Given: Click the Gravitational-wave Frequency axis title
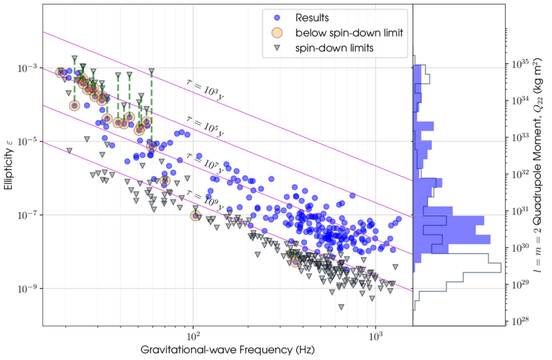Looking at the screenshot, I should pos(227,350).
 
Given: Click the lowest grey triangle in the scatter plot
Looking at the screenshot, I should pos(341,307).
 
